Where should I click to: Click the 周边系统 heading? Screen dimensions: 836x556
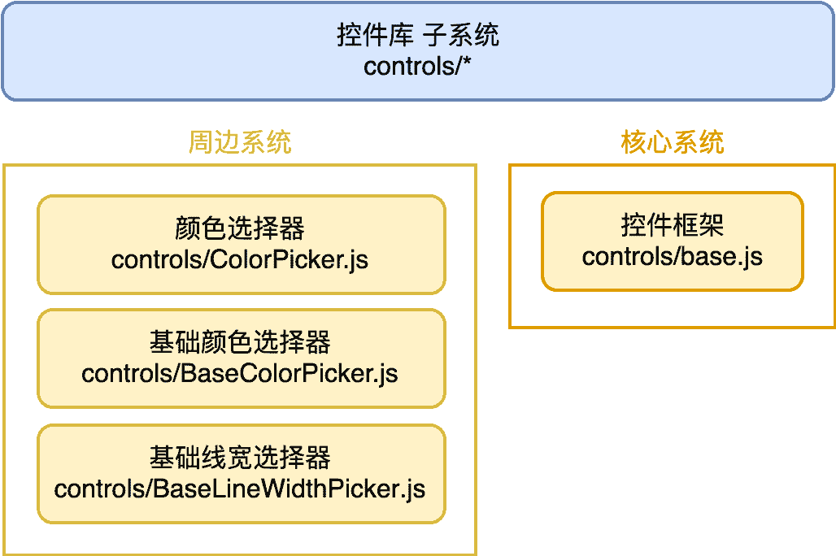[x=240, y=143]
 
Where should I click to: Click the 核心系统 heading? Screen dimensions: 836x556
[x=672, y=143]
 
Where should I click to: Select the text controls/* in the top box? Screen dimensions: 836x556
[x=418, y=65]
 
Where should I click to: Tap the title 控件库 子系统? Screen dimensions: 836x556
[x=418, y=35]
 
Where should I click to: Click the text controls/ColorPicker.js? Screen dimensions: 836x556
[x=241, y=260]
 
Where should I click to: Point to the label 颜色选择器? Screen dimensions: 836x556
[x=241, y=229]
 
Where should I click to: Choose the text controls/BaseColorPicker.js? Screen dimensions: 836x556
[x=241, y=374]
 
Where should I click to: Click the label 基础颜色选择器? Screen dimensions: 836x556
[x=241, y=343]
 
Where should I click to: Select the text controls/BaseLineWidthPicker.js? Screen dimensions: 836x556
[x=241, y=489]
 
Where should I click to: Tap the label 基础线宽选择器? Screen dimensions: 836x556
[x=241, y=458]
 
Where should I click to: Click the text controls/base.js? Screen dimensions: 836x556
[x=672, y=257]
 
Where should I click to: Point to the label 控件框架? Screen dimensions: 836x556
[x=672, y=226]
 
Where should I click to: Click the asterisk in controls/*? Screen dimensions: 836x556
[x=467, y=63]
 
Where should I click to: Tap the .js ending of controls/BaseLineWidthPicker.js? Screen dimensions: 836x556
[x=413, y=490]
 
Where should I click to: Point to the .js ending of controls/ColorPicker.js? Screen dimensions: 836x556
[x=355, y=261]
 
